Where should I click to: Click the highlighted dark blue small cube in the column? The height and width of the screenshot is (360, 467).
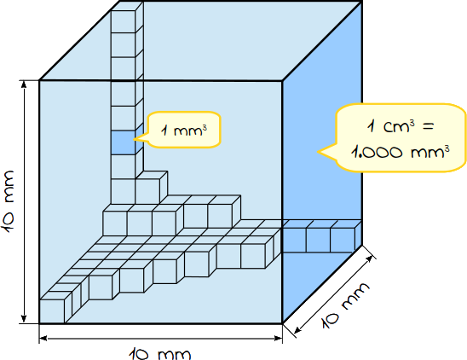pyautogui.click(x=123, y=142)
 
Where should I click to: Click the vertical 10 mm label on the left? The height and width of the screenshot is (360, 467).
pyautogui.click(x=8, y=201)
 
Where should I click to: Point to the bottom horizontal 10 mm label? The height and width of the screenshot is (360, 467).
pyautogui.click(x=160, y=353)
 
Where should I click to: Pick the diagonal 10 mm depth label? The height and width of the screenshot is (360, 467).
pyautogui.click(x=345, y=305)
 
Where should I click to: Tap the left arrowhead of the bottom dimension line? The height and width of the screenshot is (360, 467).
pyautogui.click(x=43, y=338)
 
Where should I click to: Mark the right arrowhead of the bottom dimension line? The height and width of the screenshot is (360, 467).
pyautogui.click(x=278, y=338)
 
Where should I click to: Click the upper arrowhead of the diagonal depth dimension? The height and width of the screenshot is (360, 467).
pyautogui.click(x=370, y=258)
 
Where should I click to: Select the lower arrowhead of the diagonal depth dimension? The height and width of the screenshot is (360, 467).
pyautogui.click(x=297, y=330)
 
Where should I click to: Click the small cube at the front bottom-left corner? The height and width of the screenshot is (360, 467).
pyautogui.click(x=52, y=311)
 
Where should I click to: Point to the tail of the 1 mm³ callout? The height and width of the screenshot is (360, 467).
pyautogui.click(x=140, y=138)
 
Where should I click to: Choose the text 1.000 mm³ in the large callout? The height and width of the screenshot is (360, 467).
pyautogui.click(x=400, y=152)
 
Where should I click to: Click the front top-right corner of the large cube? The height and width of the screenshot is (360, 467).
pyautogui.click(x=282, y=80)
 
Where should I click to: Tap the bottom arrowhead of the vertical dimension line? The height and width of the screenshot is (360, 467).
pyautogui.click(x=24, y=319)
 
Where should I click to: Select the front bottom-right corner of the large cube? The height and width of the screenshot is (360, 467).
pyautogui.click(x=282, y=323)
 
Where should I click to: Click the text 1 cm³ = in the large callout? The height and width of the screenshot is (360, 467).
pyautogui.click(x=400, y=126)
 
